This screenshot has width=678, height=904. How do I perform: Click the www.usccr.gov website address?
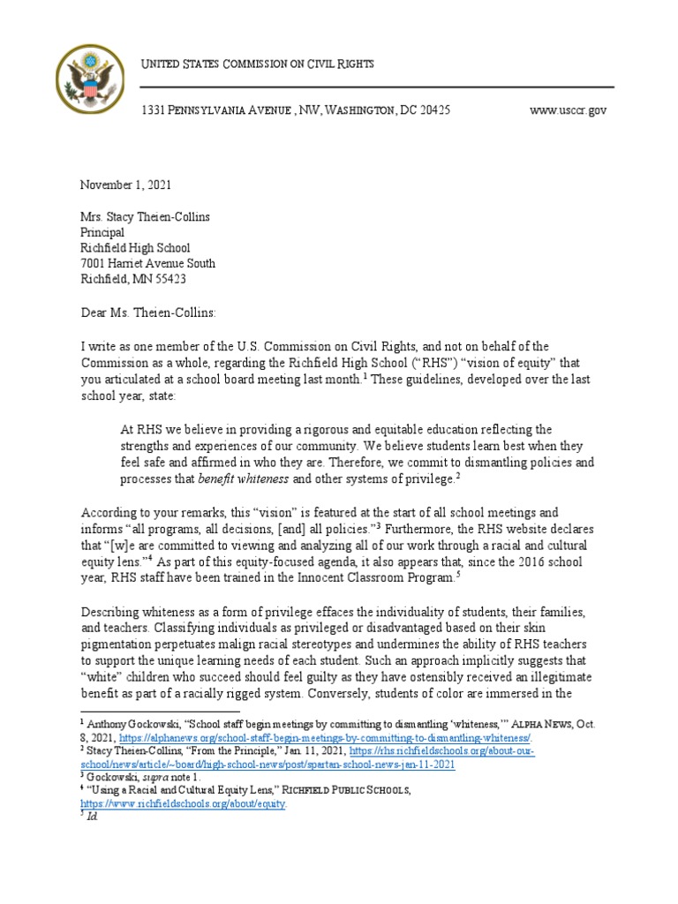pyautogui.click(x=568, y=110)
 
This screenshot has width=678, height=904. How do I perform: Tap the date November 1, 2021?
pyautogui.click(x=126, y=185)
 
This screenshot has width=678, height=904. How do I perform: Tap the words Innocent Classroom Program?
pyautogui.click(x=377, y=577)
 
